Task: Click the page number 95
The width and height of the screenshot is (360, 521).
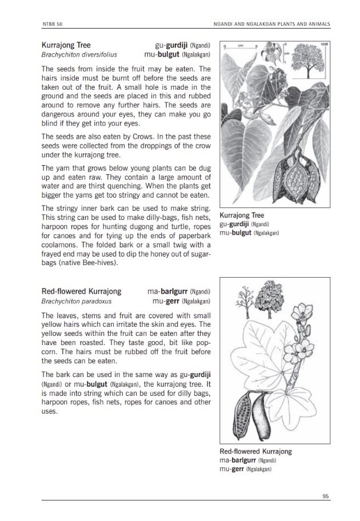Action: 326,496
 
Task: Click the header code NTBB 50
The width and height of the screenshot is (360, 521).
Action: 50,23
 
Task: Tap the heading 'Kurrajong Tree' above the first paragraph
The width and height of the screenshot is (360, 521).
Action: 66,45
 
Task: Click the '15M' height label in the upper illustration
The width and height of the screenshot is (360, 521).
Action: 324,44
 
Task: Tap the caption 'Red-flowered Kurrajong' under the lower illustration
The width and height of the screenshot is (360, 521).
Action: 255,451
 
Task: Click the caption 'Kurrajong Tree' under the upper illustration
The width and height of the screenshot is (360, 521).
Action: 242,216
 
